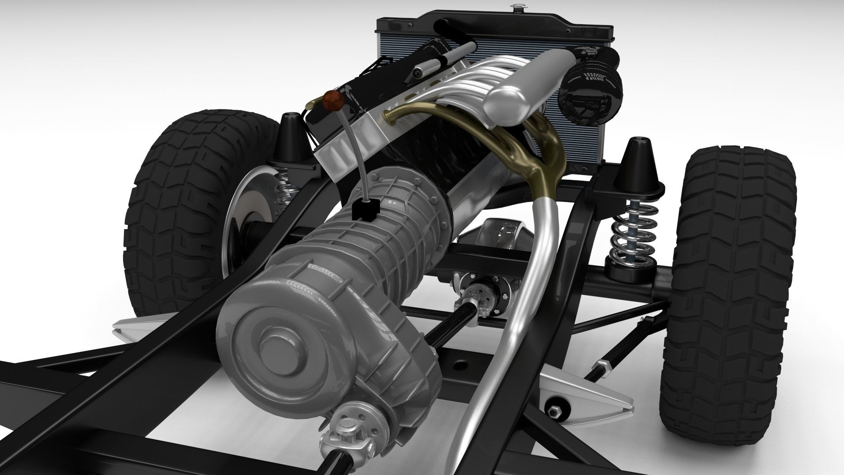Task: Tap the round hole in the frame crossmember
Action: pos(459,365)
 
